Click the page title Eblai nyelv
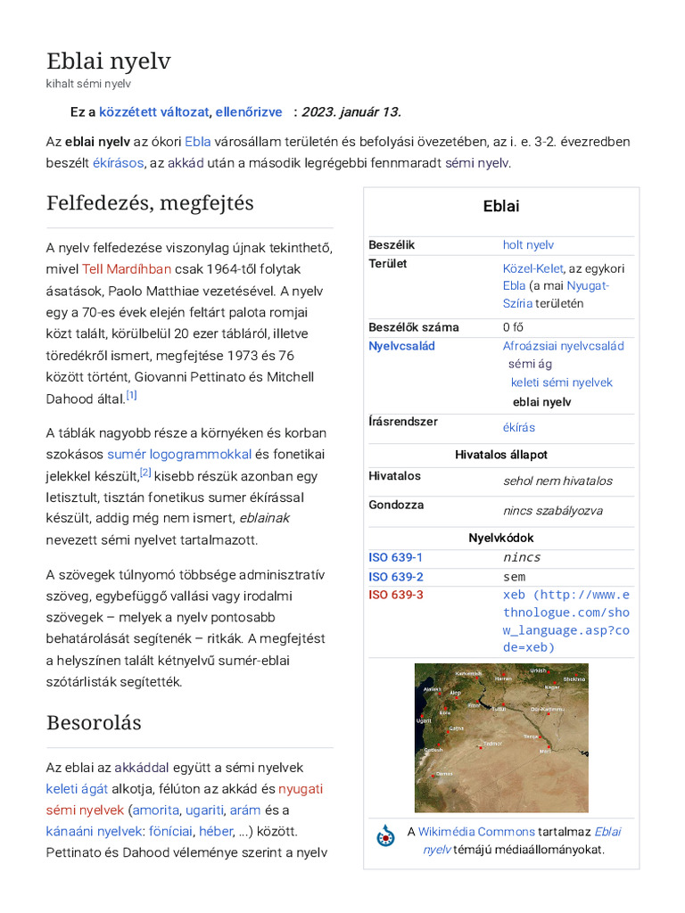(x=108, y=61)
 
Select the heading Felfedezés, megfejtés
(x=150, y=202)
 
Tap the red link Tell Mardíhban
(x=127, y=268)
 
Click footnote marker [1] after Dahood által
(x=131, y=395)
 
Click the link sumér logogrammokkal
(x=179, y=454)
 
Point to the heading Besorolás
(x=94, y=722)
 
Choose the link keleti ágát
(x=77, y=788)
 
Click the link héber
(x=216, y=831)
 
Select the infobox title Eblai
(x=501, y=207)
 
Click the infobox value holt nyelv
(x=528, y=244)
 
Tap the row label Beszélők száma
(x=413, y=327)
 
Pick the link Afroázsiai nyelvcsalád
(x=563, y=346)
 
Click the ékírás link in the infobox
(x=519, y=427)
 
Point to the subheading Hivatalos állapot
(x=501, y=455)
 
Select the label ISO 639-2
(x=396, y=577)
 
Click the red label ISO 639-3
(x=396, y=595)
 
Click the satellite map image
(x=501, y=736)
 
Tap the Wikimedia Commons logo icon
(x=385, y=836)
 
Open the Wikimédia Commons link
(x=476, y=831)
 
